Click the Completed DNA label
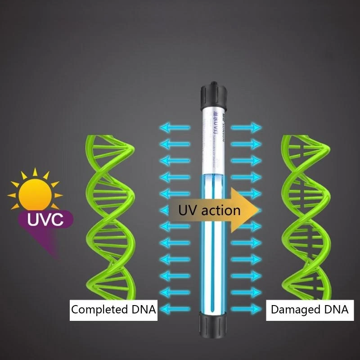click(x=113, y=310)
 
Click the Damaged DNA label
click(x=309, y=310)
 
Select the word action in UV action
click(x=219, y=210)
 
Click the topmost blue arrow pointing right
click(x=246, y=128)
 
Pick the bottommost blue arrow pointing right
click(x=246, y=309)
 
